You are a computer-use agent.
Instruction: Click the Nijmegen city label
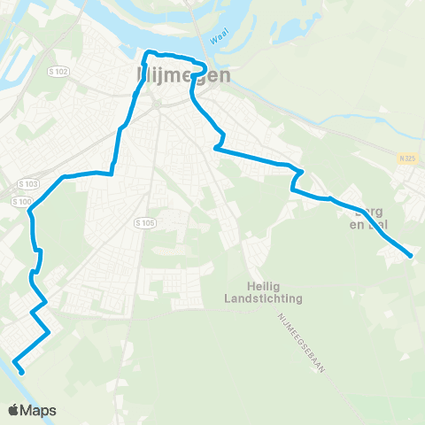click(185, 75)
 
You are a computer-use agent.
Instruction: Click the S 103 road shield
click(28, 183)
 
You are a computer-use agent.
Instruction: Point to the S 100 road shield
click(22, 201)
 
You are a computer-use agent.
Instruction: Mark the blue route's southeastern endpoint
click(411, 257)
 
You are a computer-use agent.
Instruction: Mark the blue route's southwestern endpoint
click(18, 359)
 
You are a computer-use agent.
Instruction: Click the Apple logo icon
click(14, 410)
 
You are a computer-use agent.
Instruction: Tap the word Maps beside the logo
click(40, 411)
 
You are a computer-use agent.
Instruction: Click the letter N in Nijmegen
click(145, 75)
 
